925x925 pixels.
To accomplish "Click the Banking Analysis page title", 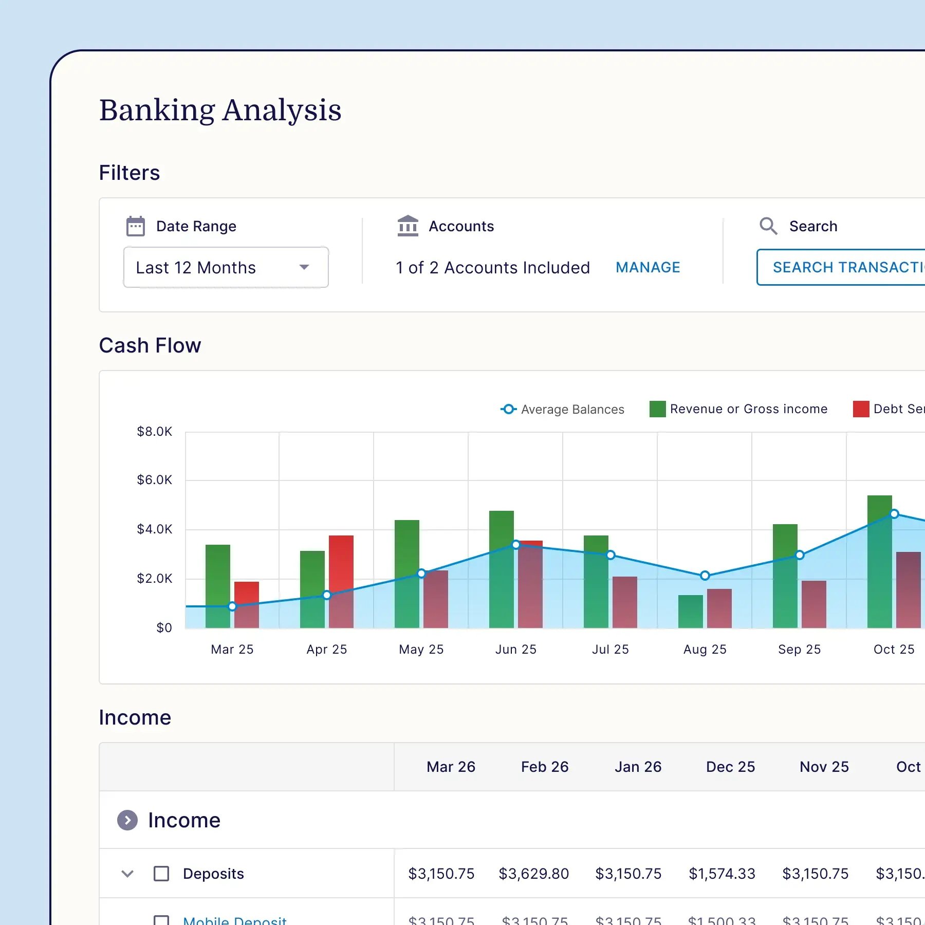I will click(220, 110).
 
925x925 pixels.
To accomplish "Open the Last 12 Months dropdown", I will click(226, 267).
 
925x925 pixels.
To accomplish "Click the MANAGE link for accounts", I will click(647, 267).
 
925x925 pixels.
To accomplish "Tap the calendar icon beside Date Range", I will click(136, 226).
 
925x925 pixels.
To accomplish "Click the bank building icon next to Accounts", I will click(408, 226).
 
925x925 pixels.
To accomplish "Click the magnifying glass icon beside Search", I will click(768, 226).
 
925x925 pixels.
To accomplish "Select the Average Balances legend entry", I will click(562, 409).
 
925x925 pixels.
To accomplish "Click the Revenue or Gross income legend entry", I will click(738, 409).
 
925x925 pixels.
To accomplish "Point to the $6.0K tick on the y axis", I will click(154, 480).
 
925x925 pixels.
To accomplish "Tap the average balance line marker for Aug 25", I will click(705, 576).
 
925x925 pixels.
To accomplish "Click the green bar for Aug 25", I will click(691, 612).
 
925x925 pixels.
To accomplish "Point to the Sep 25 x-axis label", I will click(799, 650).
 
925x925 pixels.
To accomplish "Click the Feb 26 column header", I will click(545, 767).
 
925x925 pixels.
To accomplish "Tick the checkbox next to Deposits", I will click(161, 874).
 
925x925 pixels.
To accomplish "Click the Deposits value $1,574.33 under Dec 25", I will click(721, 874).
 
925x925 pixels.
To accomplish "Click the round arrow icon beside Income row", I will click(127, 820).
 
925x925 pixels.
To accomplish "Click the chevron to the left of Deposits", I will click(127, 874).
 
